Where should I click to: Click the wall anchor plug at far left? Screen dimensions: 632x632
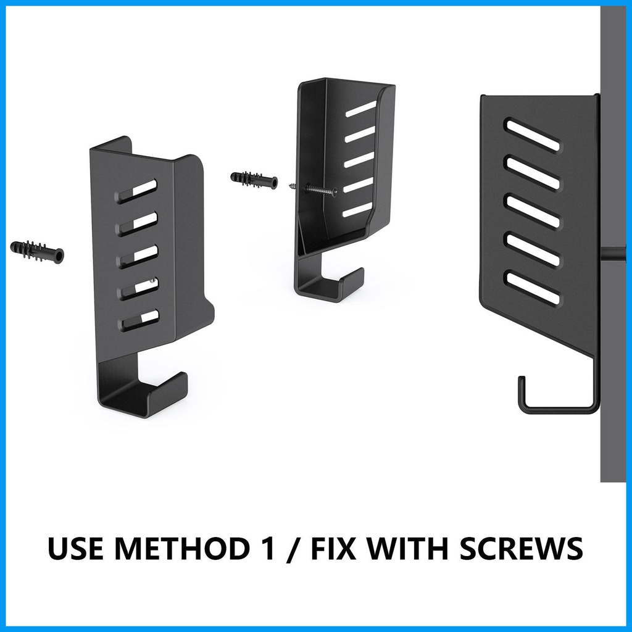36,251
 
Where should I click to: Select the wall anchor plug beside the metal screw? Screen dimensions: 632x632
254,180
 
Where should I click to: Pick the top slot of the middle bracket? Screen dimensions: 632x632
360,109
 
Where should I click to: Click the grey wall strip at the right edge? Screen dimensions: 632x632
615,242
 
